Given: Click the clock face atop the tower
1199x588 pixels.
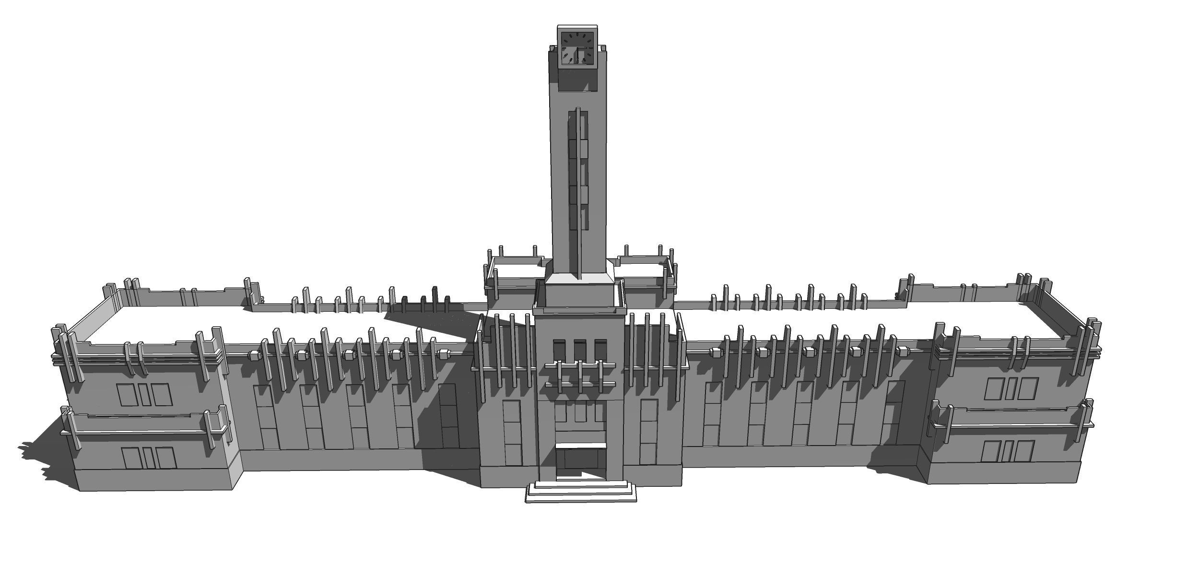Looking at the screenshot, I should click(x=577, y=48).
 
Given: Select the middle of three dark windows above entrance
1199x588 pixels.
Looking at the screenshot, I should click(x=580, y=349).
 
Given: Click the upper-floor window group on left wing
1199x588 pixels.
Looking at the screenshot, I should click(x=144, y=394).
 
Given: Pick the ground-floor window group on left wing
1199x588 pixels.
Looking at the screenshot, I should click(x=149, y=458).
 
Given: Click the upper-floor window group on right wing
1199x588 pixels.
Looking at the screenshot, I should click(x=1011, y=388).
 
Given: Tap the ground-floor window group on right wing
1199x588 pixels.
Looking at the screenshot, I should click(x=1007, y=451).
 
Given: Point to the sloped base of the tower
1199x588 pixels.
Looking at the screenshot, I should click(x=579, y=279).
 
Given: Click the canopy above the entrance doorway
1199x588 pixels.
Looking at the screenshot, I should click(x=581, y=446).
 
